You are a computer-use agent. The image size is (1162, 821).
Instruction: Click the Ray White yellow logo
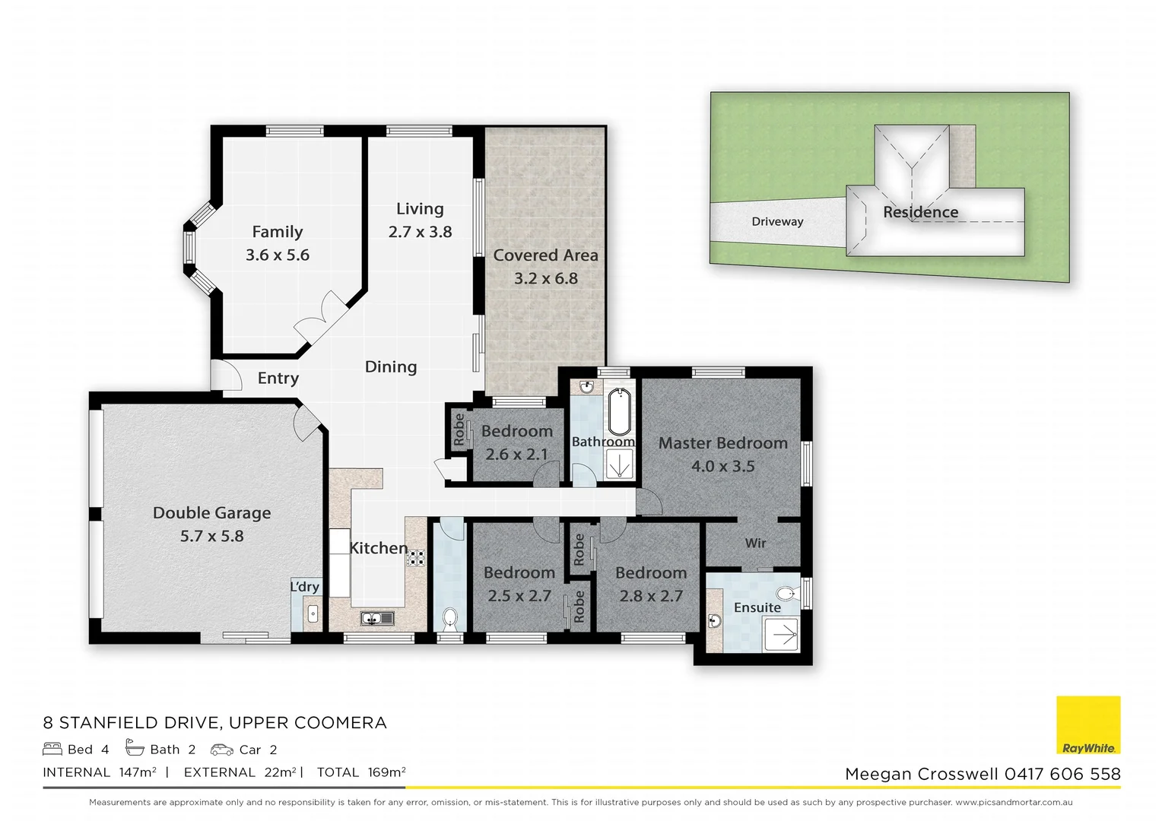[1088, 725]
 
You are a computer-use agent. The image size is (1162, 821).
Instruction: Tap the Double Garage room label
[211, 513]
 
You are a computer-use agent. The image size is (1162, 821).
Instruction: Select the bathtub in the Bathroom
[621, 411]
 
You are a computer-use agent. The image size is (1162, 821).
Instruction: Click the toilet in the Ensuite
[786, 593]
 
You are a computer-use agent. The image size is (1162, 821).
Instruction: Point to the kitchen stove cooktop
[416, 559]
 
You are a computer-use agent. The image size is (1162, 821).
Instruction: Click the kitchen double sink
[376, 618]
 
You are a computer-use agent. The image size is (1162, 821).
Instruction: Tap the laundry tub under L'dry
[312, 613]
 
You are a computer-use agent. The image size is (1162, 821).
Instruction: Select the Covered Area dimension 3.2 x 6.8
[545, 279]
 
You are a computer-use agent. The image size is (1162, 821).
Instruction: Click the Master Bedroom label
[722, 443]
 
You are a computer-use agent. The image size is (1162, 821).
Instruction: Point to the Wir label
[755, 543]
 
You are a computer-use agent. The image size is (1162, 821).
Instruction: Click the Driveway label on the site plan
[777, 222]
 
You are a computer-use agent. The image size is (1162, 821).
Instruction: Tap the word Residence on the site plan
[920, 212]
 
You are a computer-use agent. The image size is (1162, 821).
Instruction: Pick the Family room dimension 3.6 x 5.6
[277, 255]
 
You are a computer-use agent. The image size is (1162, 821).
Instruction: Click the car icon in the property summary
[222, 750]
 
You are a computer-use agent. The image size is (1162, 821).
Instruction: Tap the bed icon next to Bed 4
[52, 750]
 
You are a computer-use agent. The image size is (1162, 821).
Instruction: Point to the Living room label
[420, 209]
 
